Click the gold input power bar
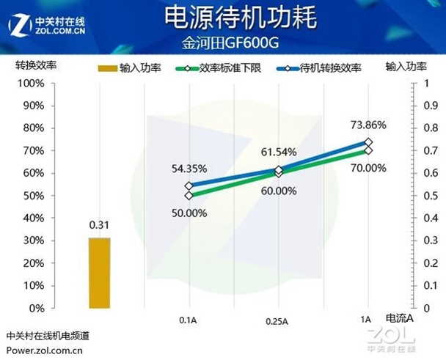pyautogui.click(x=100, y=273)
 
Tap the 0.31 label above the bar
pyautogui.click(x=99, y=225)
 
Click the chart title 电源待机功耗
pyautogui.click(x=223, y=18)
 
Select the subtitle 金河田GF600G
pyautogui.click(x=222, y=43)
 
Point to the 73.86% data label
pyautogui.click(x=368, y=125)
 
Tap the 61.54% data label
pyautogui.click(x=279, y=153)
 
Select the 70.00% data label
pyautogui.click(x=368, y=167)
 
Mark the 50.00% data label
pyautogui.click(x=189, y=213)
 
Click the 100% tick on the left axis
pyautogui.click(x=32, y=84)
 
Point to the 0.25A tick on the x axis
pyautogui.click(x=278, y=321)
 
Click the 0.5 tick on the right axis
pyautogui.click(x=420, y=196)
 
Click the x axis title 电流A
pyautogui.click(x=401, y=317)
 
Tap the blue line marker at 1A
pyautogui.click(x=368, y=142)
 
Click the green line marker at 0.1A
pyautogui.click(x=189, y=195)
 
